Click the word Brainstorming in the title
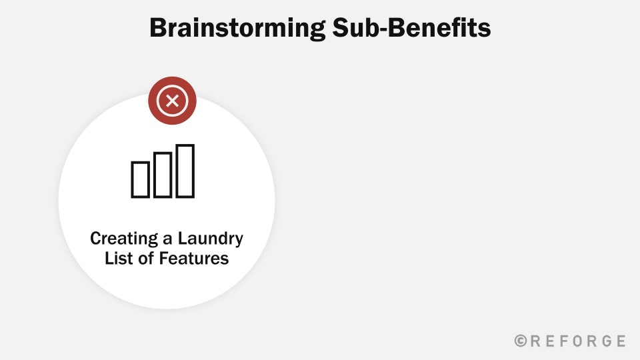point(237,29)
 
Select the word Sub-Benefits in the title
point(411,28)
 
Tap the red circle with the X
point(172,101)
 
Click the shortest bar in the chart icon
point(140,179)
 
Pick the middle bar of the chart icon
point(163,175)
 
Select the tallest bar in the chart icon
point(185,171)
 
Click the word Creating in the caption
point(124,239)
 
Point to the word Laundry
point(210,239)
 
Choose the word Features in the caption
point(194,259)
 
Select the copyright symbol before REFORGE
point(521,341)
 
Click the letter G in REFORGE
point(606,341)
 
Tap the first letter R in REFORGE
point(535,341)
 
